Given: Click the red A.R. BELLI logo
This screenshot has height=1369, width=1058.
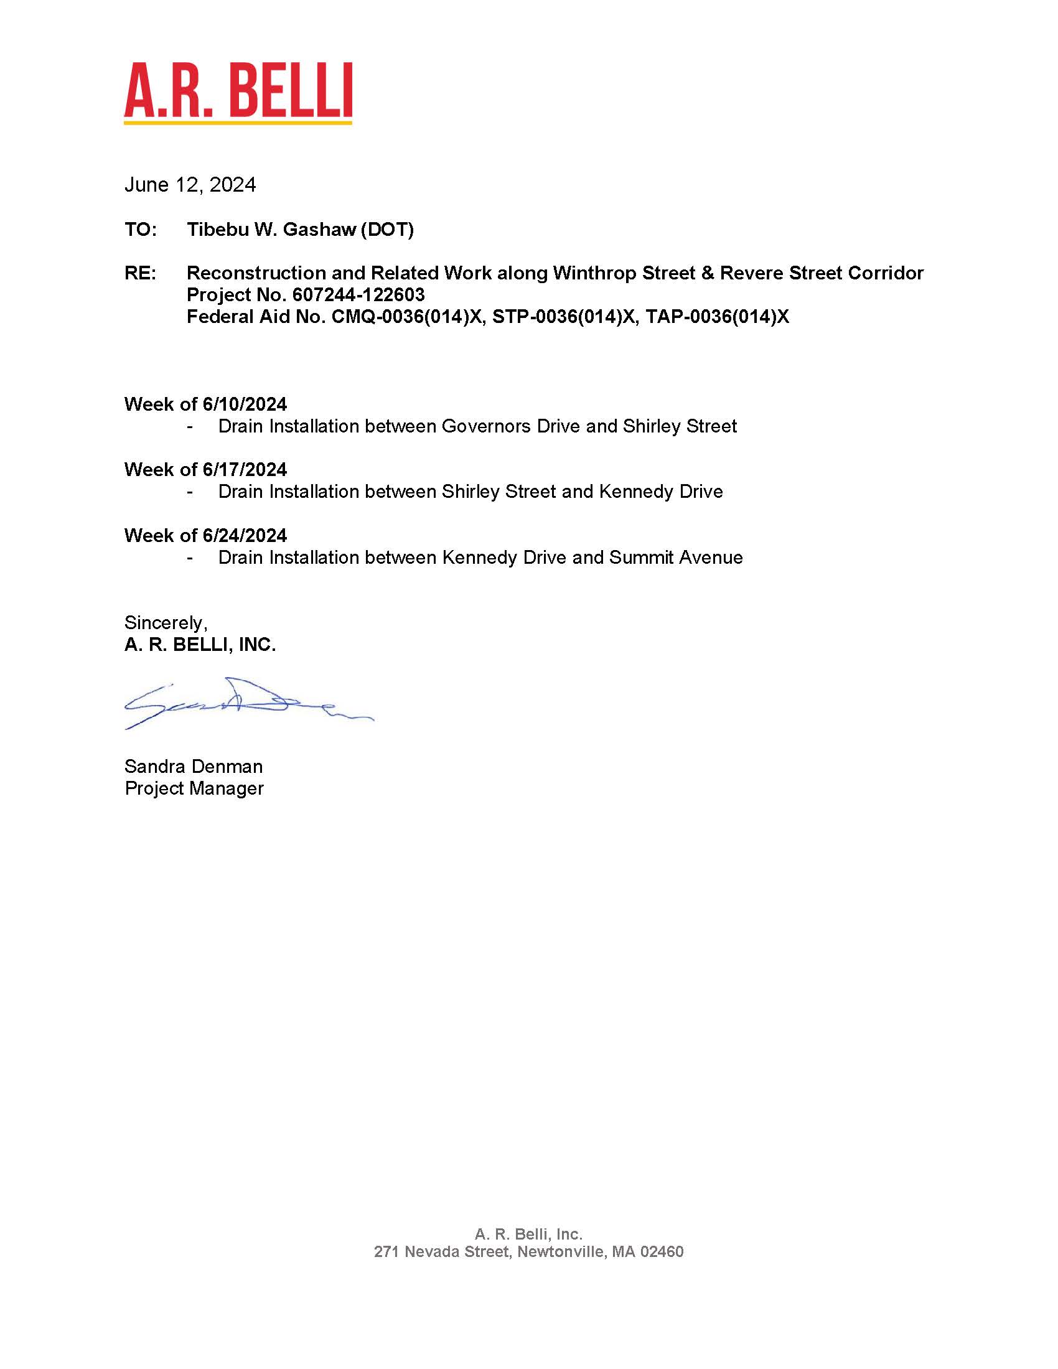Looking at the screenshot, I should click(238, 91).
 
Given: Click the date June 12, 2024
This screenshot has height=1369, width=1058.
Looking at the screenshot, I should click(190, 185).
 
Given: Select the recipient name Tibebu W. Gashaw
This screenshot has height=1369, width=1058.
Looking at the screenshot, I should click(271, 230).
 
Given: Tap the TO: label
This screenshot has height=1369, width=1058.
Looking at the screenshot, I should click(141, 230).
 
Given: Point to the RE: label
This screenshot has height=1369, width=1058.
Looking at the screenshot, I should click(141, 273).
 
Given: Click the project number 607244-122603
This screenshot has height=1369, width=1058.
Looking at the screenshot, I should click(358, 294).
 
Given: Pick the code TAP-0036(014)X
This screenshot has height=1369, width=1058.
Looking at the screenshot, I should click(717, 317).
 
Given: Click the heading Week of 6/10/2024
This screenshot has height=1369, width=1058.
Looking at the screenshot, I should click(205, 404).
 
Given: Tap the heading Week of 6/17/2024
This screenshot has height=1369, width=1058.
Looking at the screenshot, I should click(205, 469).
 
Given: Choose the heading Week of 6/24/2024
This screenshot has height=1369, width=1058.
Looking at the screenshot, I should click(205, 535).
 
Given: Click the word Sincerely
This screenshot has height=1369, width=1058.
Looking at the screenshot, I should click(165, 622).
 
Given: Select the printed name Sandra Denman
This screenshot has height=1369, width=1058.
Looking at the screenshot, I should click(194, 766).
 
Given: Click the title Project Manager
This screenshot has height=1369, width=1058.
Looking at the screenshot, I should click(194, 788).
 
